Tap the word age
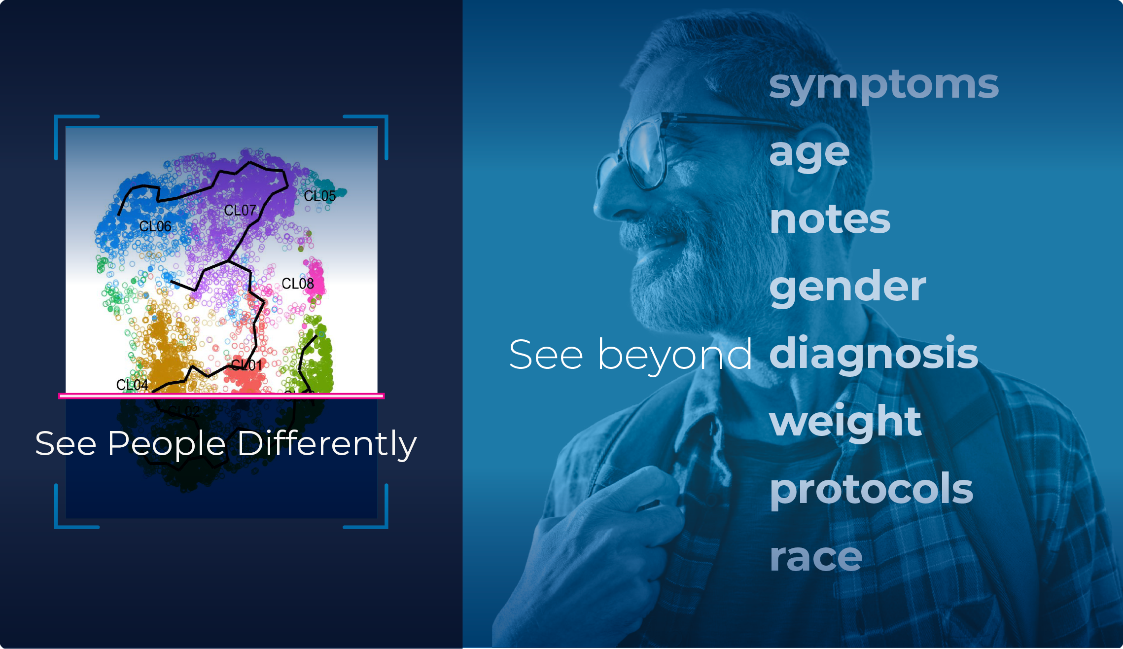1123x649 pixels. (809, 153)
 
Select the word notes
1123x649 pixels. (830, 219)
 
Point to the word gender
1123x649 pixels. (847, 287)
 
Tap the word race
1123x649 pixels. (816, 557)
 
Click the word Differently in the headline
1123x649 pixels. (326, 444)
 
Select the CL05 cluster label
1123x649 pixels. (319, 196)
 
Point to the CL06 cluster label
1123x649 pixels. (155, 226)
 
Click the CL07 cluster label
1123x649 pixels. (240, 211)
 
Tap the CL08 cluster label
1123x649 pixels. (298, 284)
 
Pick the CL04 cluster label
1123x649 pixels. (132, 385)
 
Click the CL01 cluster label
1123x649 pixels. (246, 365)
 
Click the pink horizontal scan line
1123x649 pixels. (221, 396)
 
